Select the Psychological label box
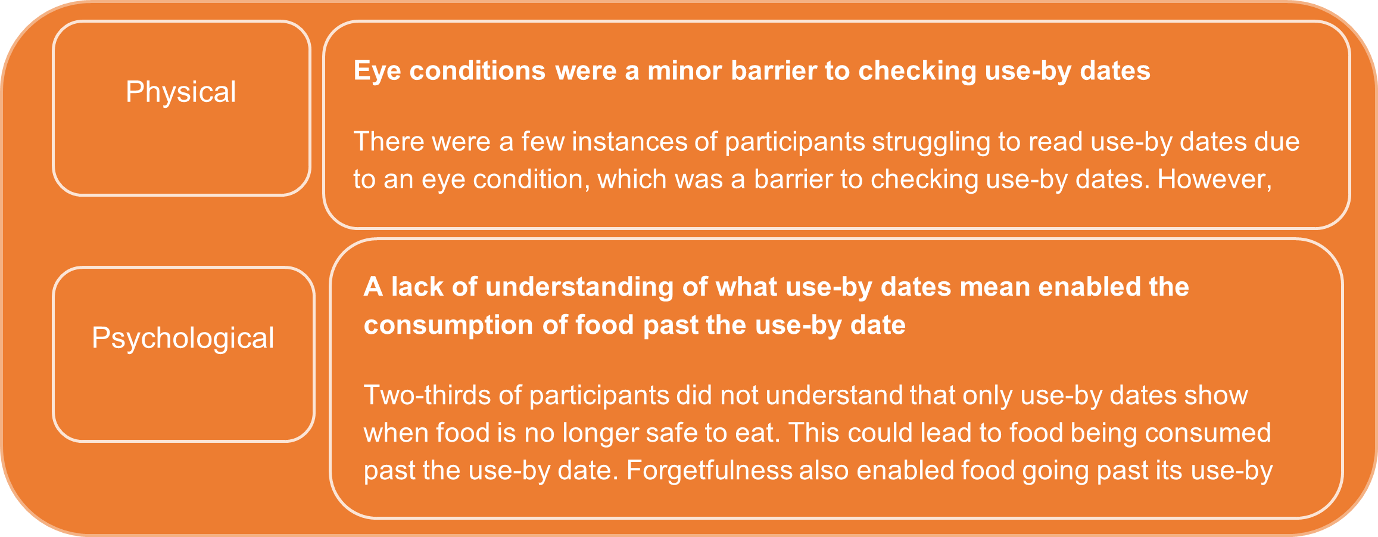tap(183, 353)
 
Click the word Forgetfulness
tap(709, 471)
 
